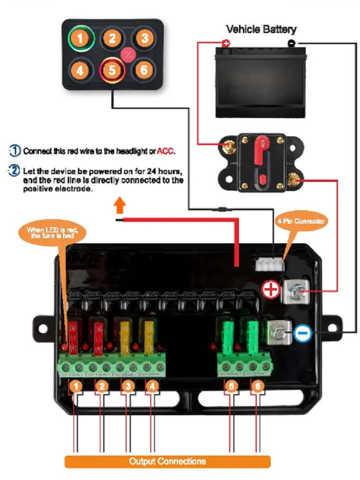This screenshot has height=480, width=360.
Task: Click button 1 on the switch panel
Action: pyautogui.click(x=81, y=38)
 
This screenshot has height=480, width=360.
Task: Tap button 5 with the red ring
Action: pyautogui.click(x=112, y=71)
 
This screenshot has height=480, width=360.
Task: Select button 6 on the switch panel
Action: pyautogui.click(x=144, y=71)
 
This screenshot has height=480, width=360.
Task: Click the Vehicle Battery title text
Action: pyautogui.click(x=261, y=29)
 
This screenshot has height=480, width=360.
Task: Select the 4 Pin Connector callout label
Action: pyautogui.click(x=301, y=221)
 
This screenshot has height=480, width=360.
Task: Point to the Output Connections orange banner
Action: pyautogui.click(x=168, y=461)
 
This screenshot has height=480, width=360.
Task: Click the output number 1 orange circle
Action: pyautogui.click(x=75, y=385)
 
